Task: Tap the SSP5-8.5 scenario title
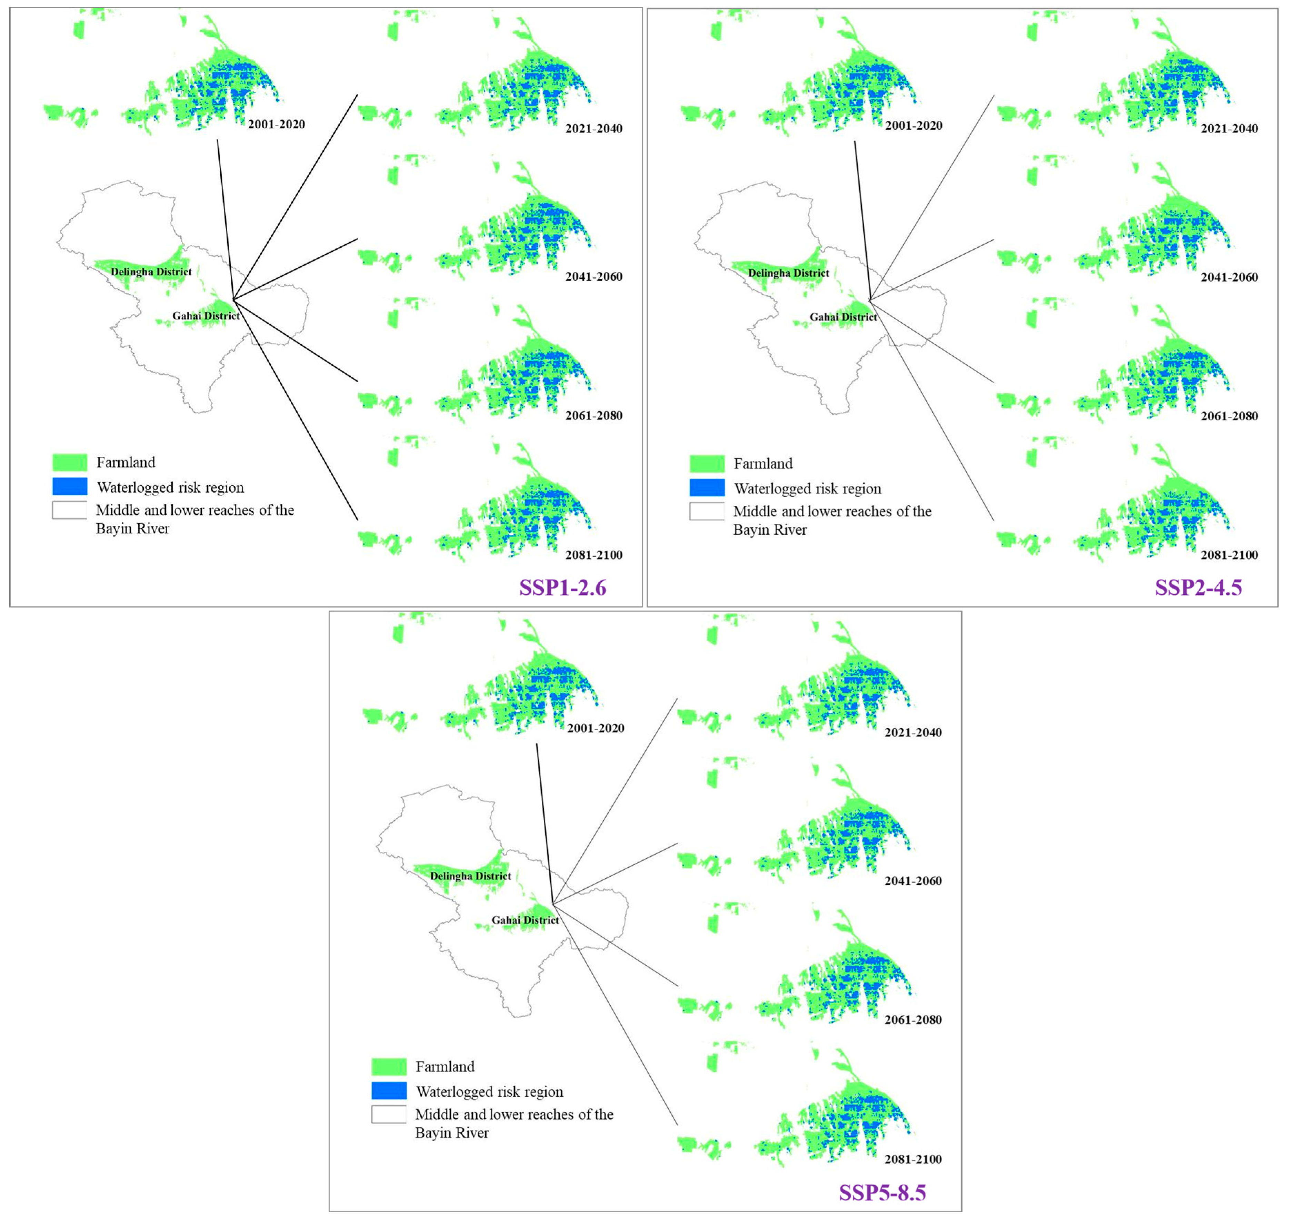(x=882, y=1193)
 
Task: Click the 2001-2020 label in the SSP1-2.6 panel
(x=276, y=124)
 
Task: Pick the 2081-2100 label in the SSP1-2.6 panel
(x=593, y=555)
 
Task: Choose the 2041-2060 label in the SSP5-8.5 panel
(x=913, y=881)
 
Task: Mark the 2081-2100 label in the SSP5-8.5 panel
(x=913, y=1159)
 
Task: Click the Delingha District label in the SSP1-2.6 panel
(x=151, y=272)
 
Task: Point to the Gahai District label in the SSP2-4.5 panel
(x=843, y=317)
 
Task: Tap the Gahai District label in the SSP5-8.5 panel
(x=525, y=920)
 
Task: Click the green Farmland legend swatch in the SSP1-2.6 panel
(x=70, y=463)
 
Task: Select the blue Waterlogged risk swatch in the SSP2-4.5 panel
(x=707, y=488)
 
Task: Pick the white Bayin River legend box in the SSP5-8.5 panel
(x=389, y=1114)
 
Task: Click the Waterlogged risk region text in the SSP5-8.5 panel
(x=489, y=1092)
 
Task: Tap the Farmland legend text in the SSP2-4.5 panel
(x=763, y=464)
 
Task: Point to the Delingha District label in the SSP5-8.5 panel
(x=470, y=876)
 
